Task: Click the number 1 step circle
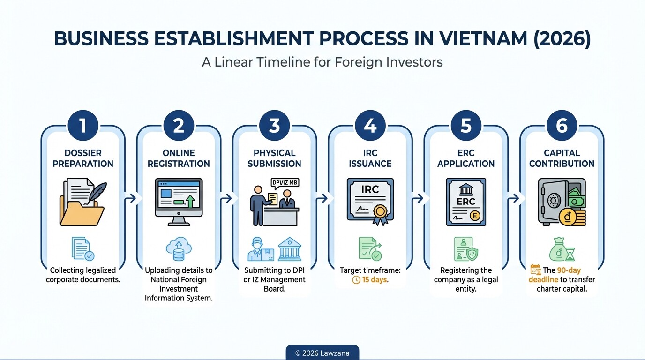pos(83,126)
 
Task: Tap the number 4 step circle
pos(370,126)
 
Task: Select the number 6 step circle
pos(562,126)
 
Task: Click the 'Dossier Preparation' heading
pos(83,158)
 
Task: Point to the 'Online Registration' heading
pos(179,158)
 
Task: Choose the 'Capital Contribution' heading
pos(562,158)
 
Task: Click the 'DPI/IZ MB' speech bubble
pos(285,183)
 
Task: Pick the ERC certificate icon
pos(466,201)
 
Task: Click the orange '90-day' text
pos(569,270)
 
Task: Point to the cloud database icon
pos(179,249)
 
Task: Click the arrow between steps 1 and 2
pos(131,198)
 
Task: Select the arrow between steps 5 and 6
pos(514,198)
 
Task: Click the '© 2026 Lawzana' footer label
pos(322,353)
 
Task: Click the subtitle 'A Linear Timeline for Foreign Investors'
pos(322,62)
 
